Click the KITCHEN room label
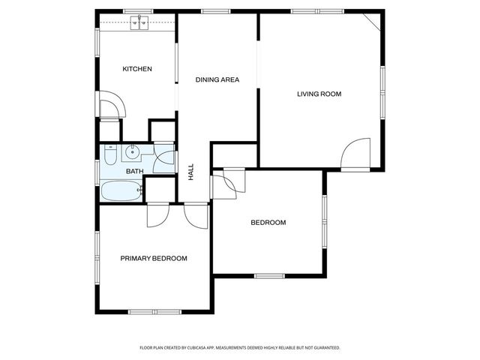tap(137, 69)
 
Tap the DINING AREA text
tap(217, 79)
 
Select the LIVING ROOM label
tap(319, 94)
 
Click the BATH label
tap(134, 172)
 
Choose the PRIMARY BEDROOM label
tap(154, 258)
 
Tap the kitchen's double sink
tap(139, 23)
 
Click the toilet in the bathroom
tap(110, 156)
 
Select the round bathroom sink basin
tap(133, 153)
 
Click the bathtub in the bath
tap(121, 191)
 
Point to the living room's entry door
tap(354, 154)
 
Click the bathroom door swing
tap(166, 160)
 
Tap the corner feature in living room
tap(373, 22)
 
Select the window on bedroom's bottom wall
tap(269, 275)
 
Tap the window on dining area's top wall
tap(215, 12)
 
